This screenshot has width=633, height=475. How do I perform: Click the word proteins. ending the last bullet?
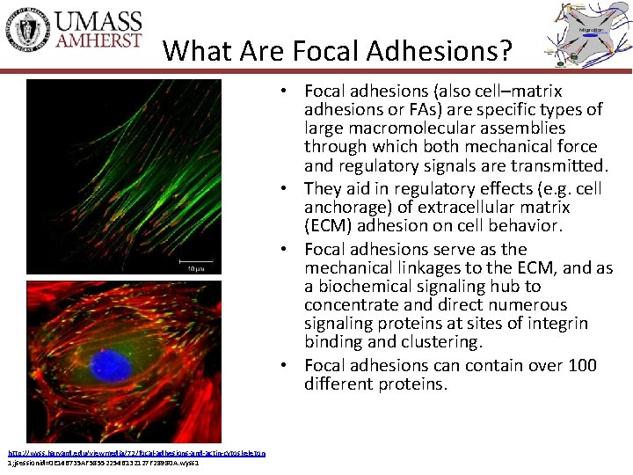[x=411, y=384]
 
